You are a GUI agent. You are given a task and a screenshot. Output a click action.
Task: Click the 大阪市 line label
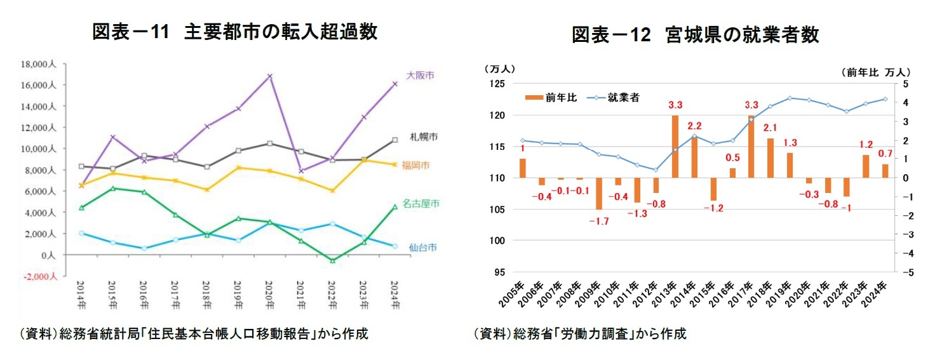pos(420,75)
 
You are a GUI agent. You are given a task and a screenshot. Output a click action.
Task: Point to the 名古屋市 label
pos(421,204)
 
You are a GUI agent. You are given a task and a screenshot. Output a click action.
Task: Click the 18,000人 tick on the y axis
pos(39,64)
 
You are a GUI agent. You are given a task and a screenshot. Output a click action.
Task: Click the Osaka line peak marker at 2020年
pos(270,76)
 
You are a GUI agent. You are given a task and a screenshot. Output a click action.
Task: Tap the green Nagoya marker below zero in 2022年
pos(332,260)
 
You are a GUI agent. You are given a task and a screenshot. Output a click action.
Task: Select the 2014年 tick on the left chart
pos(81,295)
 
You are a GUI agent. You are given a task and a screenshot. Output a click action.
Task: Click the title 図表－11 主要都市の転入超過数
pos(234,32)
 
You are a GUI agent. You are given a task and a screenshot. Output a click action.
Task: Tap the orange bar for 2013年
pos(675,147)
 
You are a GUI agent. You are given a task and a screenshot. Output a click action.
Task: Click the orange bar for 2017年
pos(751,147)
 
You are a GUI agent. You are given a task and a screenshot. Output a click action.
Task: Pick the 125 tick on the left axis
pos(496,84)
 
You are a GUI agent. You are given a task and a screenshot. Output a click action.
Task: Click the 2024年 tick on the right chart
pos(883,295)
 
